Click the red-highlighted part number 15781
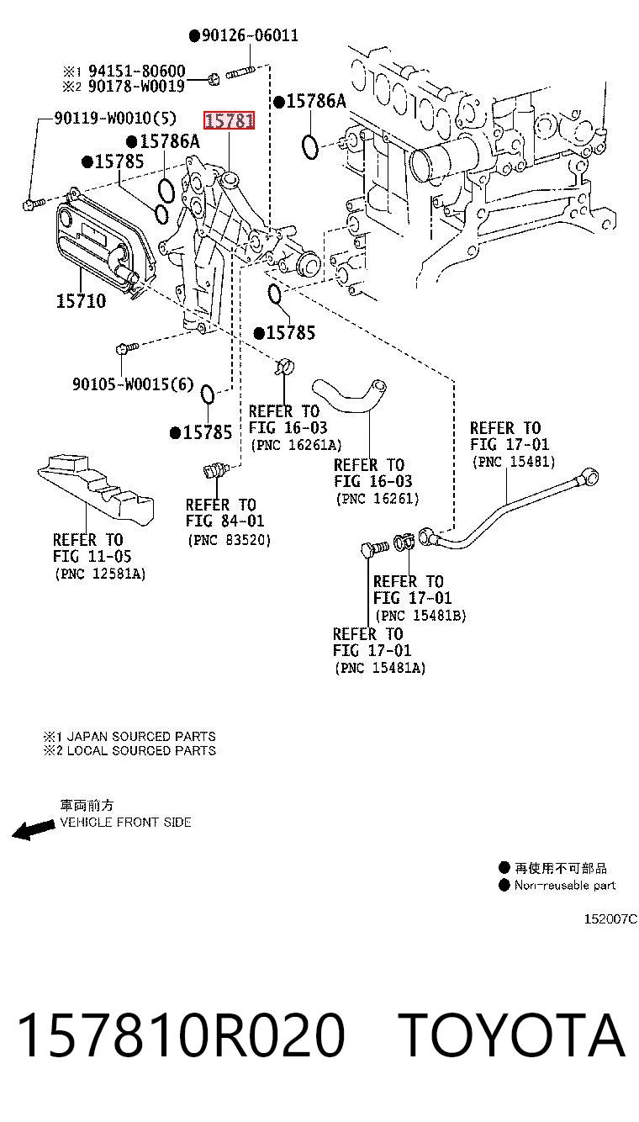(x=230, y=120)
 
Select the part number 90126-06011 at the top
(x=250, y=35)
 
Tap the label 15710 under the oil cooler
(x=81, y=301)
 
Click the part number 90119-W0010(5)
(x=115, y=119)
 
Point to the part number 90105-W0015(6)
(x=133, y=384)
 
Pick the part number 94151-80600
(x=137, y=71)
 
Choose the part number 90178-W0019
(x=137, y=86)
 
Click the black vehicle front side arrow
(x=34, y=830)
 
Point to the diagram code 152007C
(x=610, y=918)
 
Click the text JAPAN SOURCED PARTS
(x=141, y=736)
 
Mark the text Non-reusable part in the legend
(x=565, y=885)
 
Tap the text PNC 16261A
(x=297, y=445)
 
